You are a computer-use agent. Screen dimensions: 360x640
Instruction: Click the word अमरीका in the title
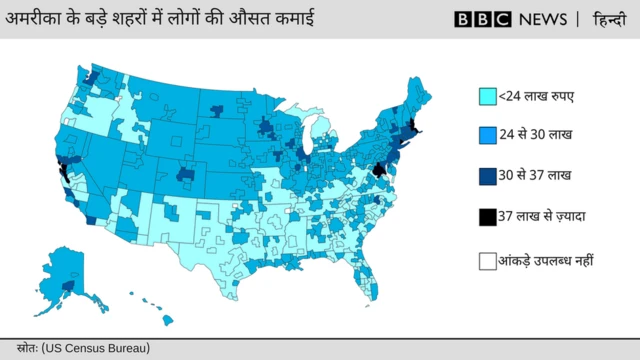point(34,19)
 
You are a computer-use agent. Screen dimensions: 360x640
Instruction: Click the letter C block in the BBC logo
point(501,19)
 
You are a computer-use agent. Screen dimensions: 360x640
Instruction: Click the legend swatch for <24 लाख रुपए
point(487,97)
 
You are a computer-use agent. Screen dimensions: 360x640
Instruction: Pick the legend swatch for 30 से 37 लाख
point(487,175)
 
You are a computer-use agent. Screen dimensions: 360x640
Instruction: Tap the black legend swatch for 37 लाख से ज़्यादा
point(487,215)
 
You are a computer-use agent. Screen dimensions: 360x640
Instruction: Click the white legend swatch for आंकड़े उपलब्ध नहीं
point(487,261)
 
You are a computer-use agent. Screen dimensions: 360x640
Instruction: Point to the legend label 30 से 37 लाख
point(536,175)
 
